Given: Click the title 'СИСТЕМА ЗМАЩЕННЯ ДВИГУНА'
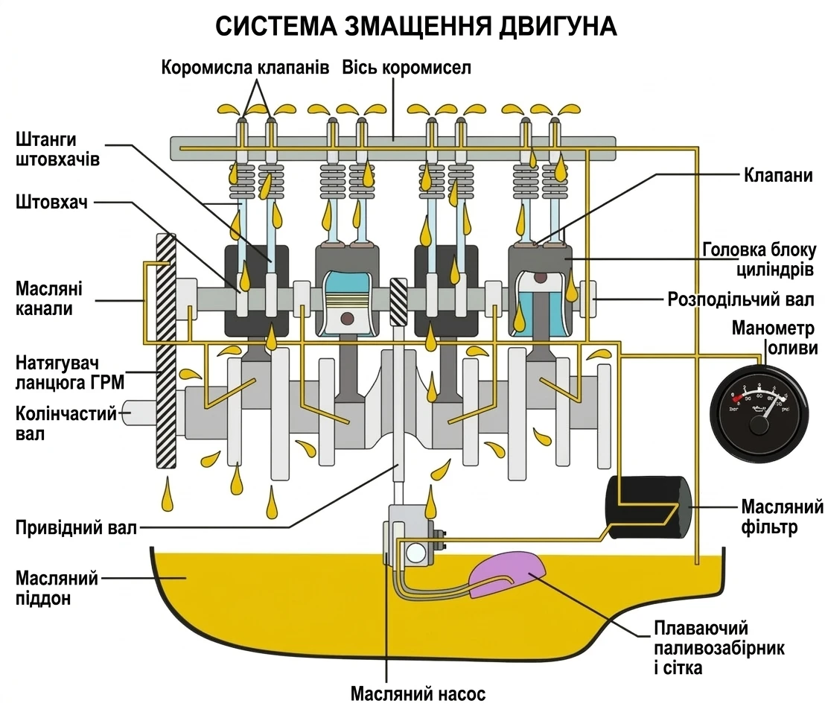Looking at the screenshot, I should [415, 26].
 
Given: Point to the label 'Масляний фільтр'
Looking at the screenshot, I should [781, 518].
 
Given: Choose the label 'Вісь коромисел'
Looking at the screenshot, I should [407, 68].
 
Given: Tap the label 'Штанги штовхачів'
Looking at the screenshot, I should [57, 149].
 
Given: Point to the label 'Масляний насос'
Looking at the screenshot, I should [418, 694].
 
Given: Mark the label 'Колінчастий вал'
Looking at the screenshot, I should [66, 423].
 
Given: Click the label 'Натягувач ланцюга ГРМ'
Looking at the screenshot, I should [69, 372].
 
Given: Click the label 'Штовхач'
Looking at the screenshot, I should [51, 203].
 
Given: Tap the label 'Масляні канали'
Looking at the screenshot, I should [48, 298].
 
